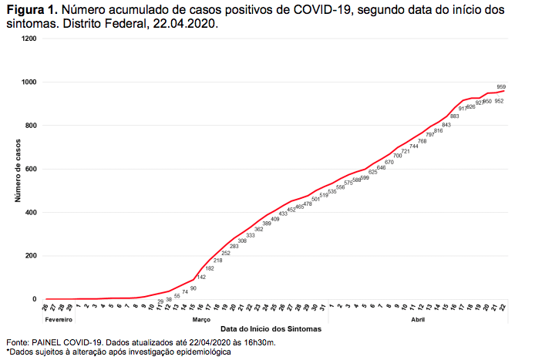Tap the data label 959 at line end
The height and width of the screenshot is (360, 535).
click(x=501, y=86)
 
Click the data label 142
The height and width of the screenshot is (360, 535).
click(x=200, y=277)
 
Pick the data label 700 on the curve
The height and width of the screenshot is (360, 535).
click(x=397, y=156)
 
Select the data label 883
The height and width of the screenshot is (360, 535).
click(x=454, y=116)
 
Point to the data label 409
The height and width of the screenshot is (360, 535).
click(x=275, y=219)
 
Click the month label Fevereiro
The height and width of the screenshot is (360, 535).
click(x=59, y=319)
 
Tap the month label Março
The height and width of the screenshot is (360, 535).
click(x=202, y=319)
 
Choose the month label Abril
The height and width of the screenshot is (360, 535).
click(x=419, y=319)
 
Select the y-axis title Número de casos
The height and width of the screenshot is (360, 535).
click(x=16, y=169)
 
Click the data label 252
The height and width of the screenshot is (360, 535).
click(x=226, y=253)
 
